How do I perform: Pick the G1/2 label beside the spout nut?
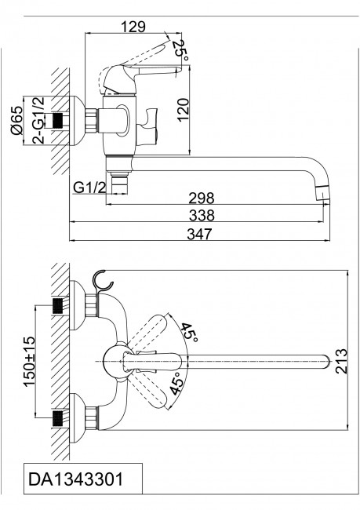[89, 188]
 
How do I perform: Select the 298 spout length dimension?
[202, 199]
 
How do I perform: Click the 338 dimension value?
[202, 215]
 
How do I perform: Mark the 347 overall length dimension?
[202, 233]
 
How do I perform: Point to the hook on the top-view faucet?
[101, 281]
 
